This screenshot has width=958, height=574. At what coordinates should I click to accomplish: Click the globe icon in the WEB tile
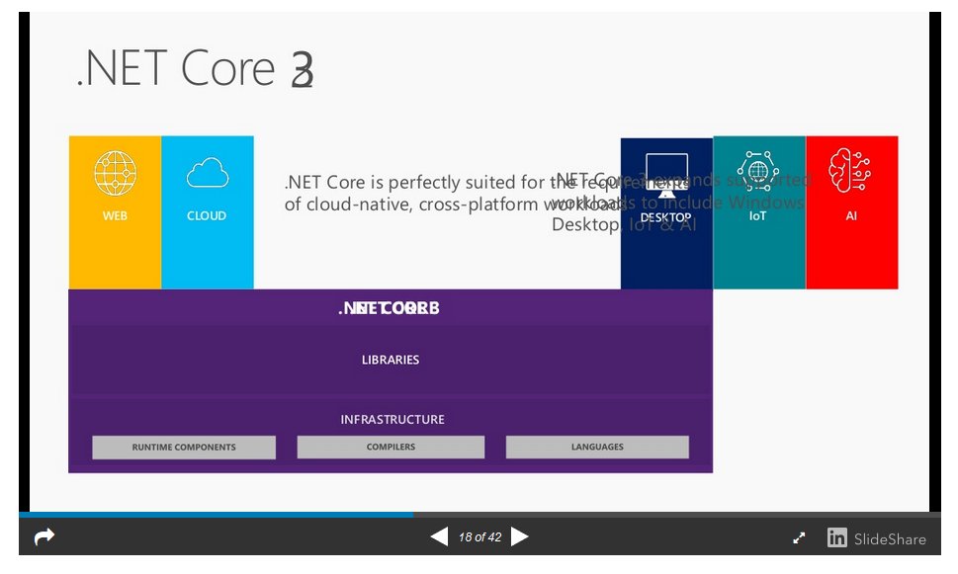tap(115, 174)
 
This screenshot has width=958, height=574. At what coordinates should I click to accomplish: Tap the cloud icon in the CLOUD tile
tap(207, 175)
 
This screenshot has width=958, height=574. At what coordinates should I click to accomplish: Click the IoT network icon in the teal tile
tap(758, 171)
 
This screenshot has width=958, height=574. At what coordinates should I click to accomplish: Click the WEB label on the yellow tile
tap(115, 215)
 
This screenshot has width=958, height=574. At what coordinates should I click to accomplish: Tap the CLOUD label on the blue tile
tap(207, 215)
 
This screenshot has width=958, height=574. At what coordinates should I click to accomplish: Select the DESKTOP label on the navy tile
tap(665, 217)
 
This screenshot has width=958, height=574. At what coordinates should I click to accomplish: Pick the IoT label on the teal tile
tap(758, 215)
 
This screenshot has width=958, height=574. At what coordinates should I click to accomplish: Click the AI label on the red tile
tap(851, 215)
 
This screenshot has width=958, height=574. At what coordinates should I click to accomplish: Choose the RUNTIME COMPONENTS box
tap(184, 448)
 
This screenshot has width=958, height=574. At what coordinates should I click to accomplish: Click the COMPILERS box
tap(391, 448)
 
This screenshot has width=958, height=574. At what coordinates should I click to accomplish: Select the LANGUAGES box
tap(597, 448)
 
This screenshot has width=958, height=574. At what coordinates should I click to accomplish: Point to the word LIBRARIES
tap(391, 360)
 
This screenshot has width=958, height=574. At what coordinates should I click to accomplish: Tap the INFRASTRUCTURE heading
tap(392, 419)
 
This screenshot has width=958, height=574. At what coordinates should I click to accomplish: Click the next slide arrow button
tap(520, 536)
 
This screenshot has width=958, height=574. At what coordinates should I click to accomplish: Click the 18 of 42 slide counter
tap(479, 537)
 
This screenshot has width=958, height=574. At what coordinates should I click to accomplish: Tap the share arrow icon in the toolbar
tap(44, 536)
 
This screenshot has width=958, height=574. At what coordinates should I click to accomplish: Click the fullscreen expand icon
tap(799, 538)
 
